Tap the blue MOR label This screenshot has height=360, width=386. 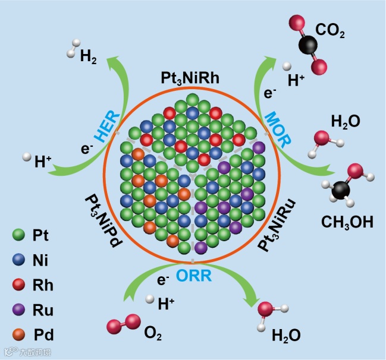click(279, 125)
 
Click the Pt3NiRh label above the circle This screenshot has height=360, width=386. click(190, 78)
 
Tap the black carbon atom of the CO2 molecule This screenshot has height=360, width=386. click(307, 45)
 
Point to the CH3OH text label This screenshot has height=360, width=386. click(347, 223)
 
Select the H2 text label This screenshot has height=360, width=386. click(89, 58)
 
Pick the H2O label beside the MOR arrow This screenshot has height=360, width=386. click(346, 122)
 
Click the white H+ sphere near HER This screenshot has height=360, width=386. click(27, 157)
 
